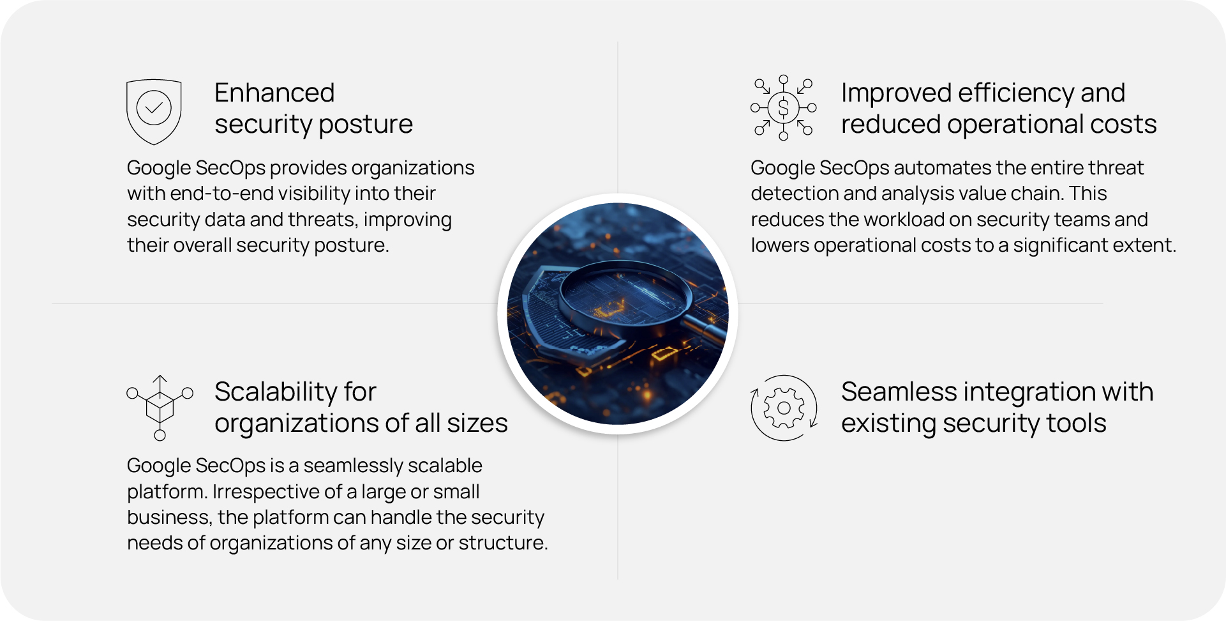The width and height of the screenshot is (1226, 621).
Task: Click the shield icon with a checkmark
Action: [154, 112]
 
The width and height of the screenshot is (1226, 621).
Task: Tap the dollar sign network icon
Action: [784, 107]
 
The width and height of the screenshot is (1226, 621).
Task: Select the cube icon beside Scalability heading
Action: [160, 408]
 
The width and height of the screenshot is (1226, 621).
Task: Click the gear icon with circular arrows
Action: [784, 408]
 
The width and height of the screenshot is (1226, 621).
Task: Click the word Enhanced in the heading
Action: [274, 93]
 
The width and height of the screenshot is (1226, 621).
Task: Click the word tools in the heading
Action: [1079, 424]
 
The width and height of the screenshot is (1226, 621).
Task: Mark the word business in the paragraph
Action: [168, 517]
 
